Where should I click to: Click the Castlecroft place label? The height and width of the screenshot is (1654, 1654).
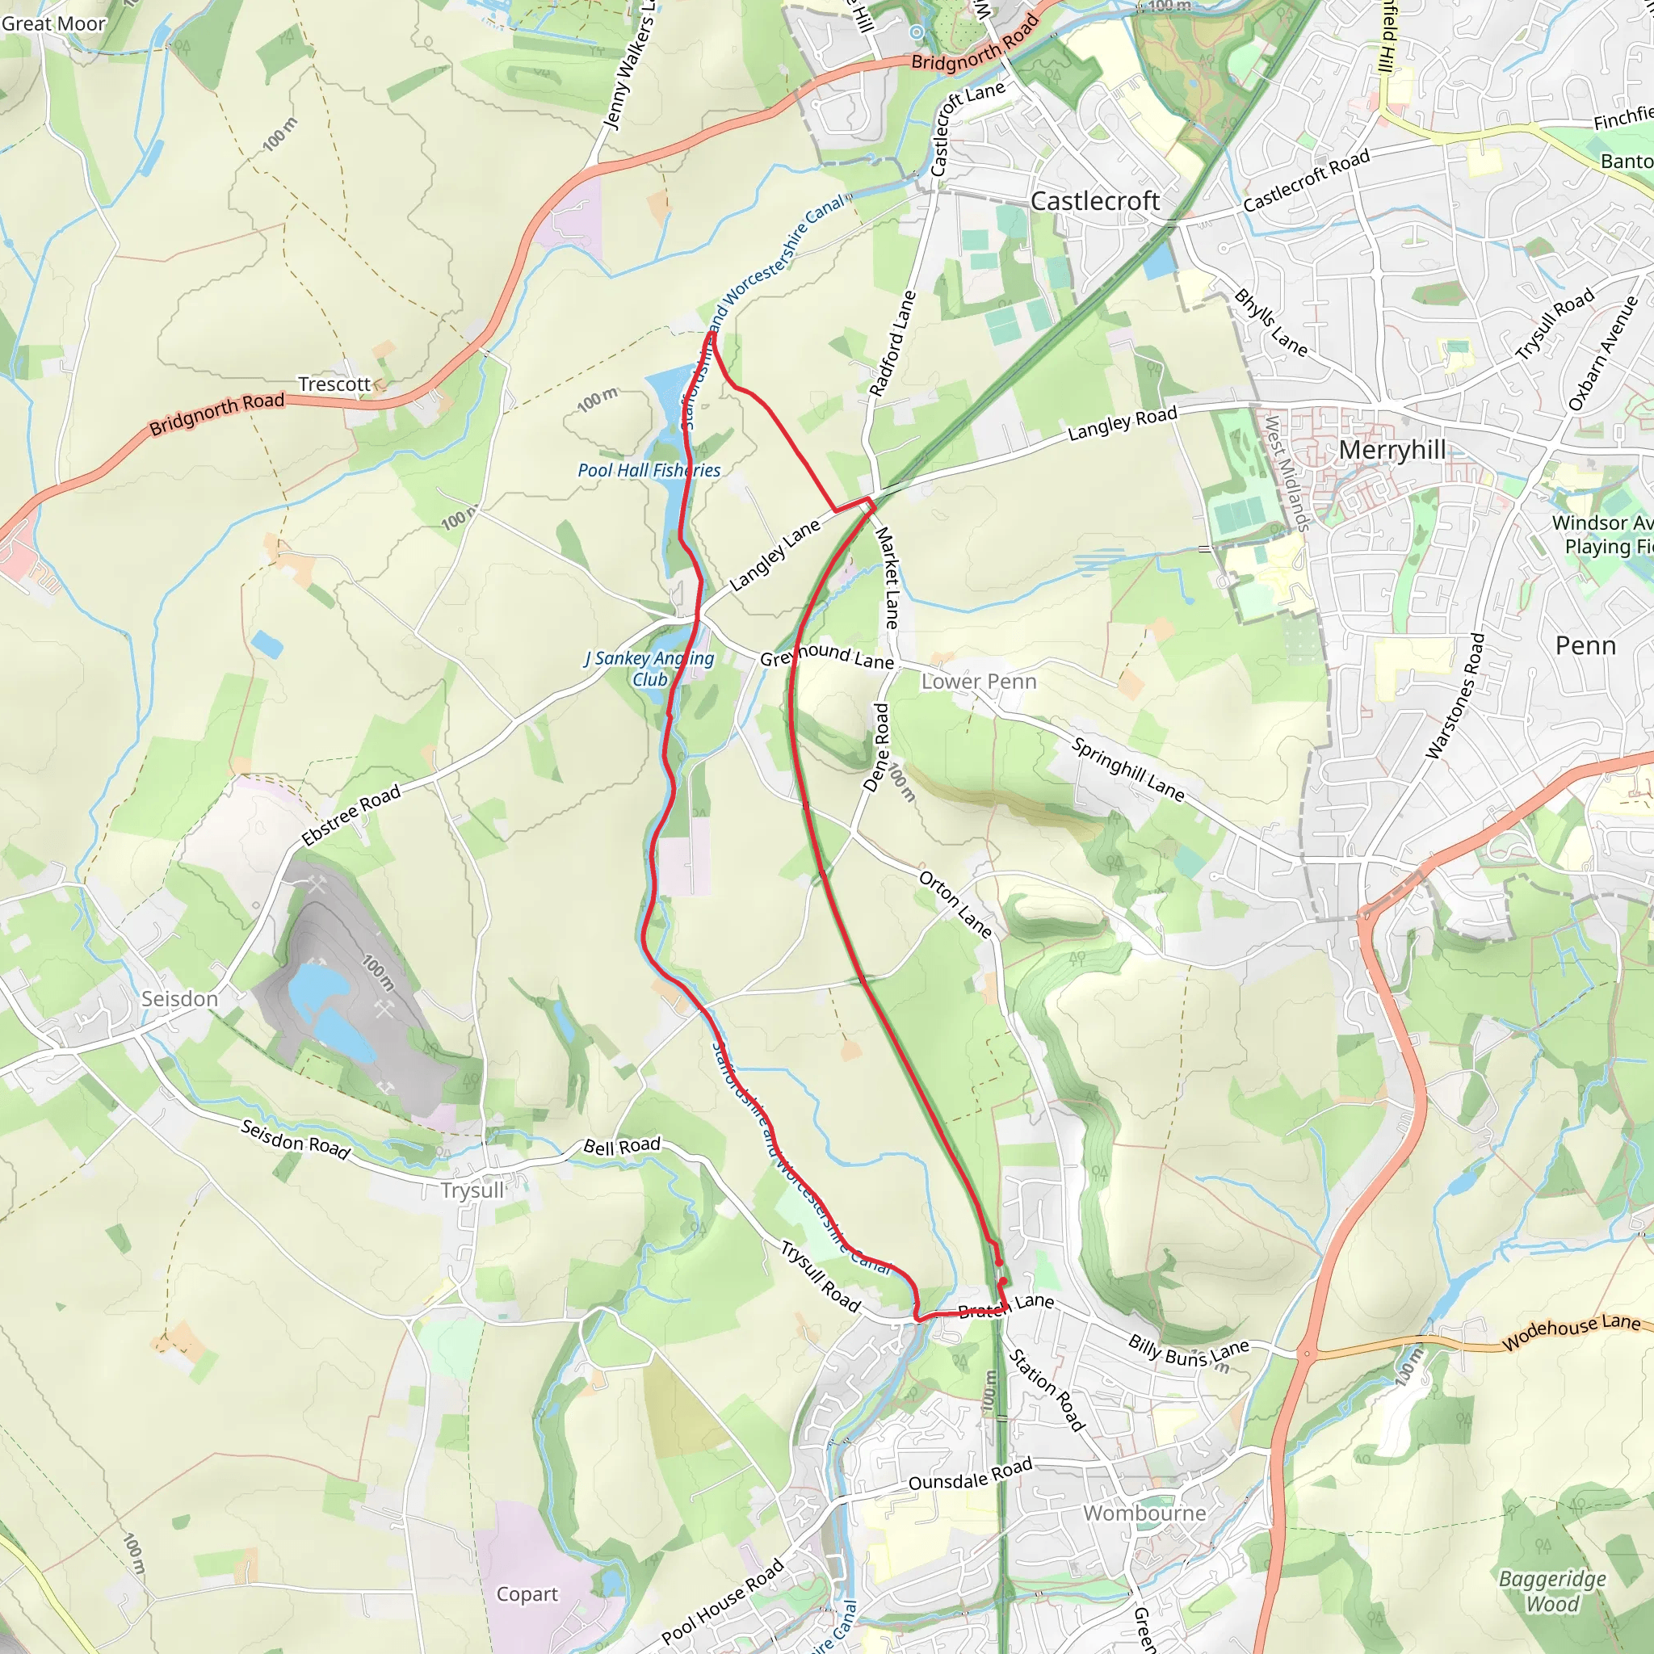click(x=1095, y=201)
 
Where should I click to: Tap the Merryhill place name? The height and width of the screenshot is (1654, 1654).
click(x=1392, y=451)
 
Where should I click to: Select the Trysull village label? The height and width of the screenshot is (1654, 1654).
click(x=472, y=1190)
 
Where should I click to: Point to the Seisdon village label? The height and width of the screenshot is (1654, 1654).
click(x=180, y=999)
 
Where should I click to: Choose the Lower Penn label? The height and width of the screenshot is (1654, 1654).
click(x=979, y=682)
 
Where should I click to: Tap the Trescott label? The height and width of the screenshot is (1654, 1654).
click(x=334, y=384)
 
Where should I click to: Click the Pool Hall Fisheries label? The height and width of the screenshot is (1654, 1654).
click(x=649, y=470)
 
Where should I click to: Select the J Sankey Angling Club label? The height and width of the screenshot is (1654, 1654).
click(x=650, y=669)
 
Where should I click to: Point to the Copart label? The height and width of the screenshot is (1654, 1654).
click(x=527, y=1594)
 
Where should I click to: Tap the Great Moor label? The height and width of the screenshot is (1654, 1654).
click(x=53, y=24)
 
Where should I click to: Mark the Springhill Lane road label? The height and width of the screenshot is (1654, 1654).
click(x=1127, y=770)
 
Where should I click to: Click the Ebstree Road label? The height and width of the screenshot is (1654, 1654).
click(x=352, y=815)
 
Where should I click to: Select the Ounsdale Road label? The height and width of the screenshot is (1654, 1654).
click(x=970, y=1475)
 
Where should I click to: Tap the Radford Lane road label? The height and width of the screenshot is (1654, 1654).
click(x=892, y=343)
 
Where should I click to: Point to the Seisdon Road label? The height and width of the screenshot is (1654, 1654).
click(x=296, y=1140)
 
